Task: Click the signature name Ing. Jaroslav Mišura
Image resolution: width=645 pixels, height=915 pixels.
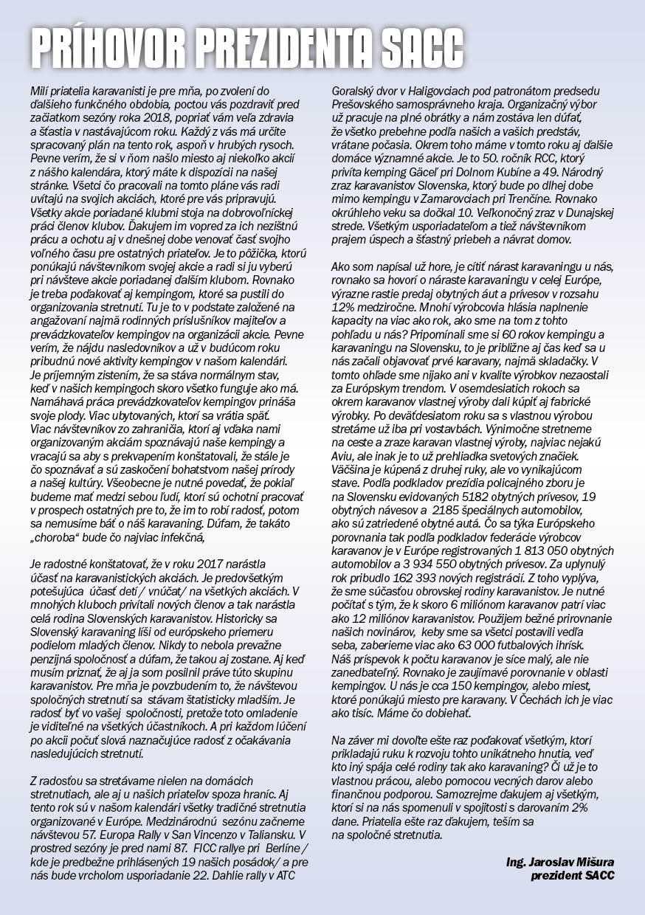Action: [560, 862]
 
